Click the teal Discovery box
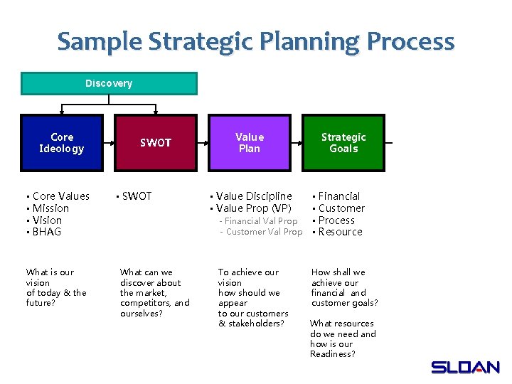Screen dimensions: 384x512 (x=109, y=84)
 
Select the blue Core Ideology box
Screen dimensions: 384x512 (x=62, y=143)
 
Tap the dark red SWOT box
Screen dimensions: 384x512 (x=156, y=143)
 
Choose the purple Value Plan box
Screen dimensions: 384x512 (x=250, y=143)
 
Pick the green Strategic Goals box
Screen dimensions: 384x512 (x=343, y=143)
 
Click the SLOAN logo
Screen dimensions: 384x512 (x=465, y=367)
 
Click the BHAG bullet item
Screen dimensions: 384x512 (x=47, y=232)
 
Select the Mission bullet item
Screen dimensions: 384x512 (x=50, y=208)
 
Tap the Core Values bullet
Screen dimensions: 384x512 (x=61, y=196)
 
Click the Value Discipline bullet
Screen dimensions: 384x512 (x=254, y=196)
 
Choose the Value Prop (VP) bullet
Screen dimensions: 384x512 (x=253, y=208)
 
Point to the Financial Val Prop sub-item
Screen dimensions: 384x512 (x=261, y=221)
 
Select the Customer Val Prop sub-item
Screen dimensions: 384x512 (x=263, y=232)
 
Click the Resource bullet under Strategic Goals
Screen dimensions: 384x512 (x=341, y=232)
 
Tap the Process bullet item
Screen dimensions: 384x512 (x=336, y=220)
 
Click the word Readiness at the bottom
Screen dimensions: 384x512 (x=332, y=354)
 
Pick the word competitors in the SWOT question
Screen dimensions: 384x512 (x=145, y=303)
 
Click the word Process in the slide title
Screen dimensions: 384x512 (x=410, y=41)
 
